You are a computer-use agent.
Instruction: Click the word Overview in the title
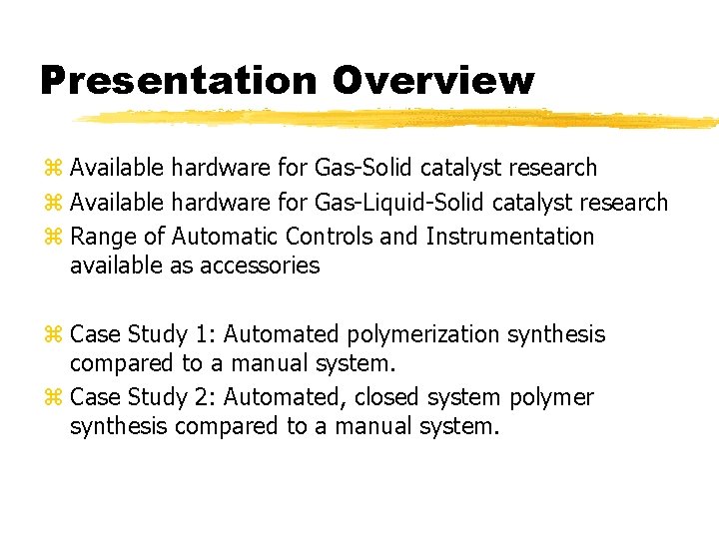coord(432,80)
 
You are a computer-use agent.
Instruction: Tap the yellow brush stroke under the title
coord(399,119)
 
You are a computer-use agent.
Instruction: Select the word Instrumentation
coord(509,237)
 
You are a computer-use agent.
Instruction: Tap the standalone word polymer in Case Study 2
coord(551,398)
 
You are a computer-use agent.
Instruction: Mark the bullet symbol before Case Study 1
coord(53,335)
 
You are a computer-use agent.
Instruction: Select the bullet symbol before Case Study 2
coord(53,398)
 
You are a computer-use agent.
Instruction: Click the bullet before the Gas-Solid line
coord(53,169)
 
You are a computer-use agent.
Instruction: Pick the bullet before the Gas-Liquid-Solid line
coord(53,204)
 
